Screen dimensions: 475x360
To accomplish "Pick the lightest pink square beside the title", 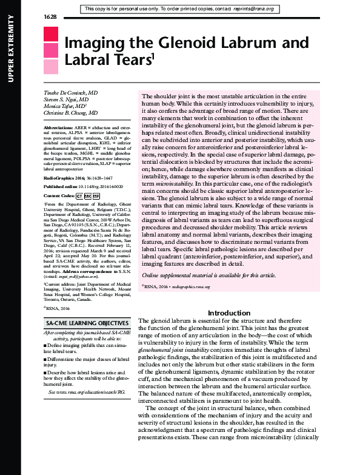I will [51, 66].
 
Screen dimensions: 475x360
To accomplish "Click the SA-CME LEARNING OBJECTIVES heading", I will [87, 324].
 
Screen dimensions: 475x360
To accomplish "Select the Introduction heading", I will [225, 313].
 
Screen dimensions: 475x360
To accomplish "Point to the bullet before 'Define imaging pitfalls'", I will [46, 345].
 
